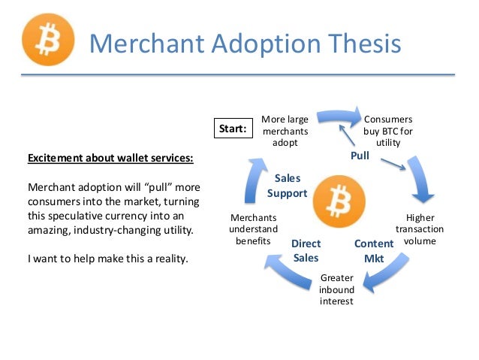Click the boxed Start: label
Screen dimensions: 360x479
(233, 129)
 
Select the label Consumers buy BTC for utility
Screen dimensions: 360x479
(387, 131)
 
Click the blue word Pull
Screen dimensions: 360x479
(360, 156)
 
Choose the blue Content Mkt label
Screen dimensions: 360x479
(373, 250)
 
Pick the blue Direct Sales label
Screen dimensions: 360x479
(306, 250)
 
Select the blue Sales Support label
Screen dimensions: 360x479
(287, 186)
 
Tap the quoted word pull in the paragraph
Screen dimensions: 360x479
(157, 186)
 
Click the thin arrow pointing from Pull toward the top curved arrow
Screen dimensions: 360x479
(348, 137)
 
